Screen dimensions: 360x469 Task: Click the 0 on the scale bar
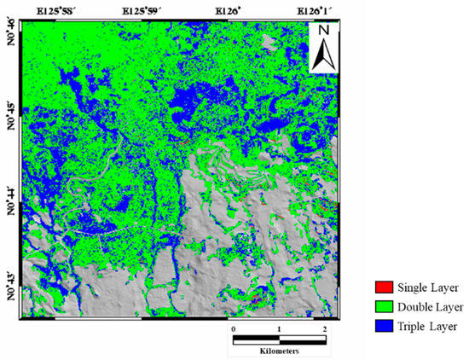[x=234, y=328]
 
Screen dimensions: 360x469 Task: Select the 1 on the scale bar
[x=279, y=328]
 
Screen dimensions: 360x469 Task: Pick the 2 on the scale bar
[x=324, y=328]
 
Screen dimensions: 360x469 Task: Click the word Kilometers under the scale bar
[x=280, y=351]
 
